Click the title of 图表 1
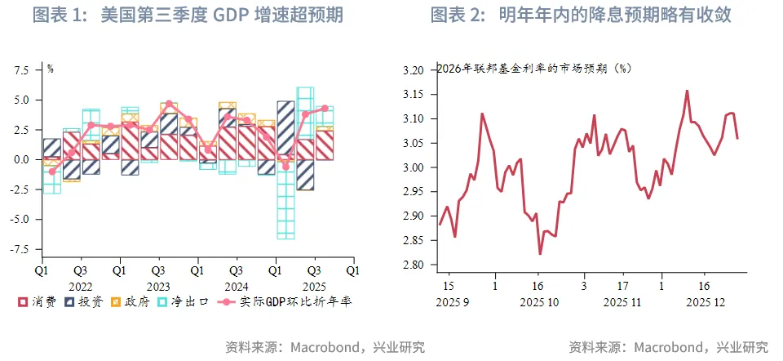pyautogui.click(x=187, y=15)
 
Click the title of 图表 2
pyautogui.click(x=580, y=15)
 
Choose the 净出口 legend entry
pyautogui.click(x=184, y=302)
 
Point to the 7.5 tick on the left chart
pyautogui.click(x=22, y=70)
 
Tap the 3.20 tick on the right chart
pyautogui.click(x=414, y=70)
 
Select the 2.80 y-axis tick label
pyautogui.click(x=414, y=265)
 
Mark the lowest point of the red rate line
pyautogui.click(x=540, y=254)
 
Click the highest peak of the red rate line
pyautogui.click(x=687, y=91)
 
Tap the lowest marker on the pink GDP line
pyautogui.click(x=52, y=172)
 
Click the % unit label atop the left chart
pyautogui.click(x=50, y=68)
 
